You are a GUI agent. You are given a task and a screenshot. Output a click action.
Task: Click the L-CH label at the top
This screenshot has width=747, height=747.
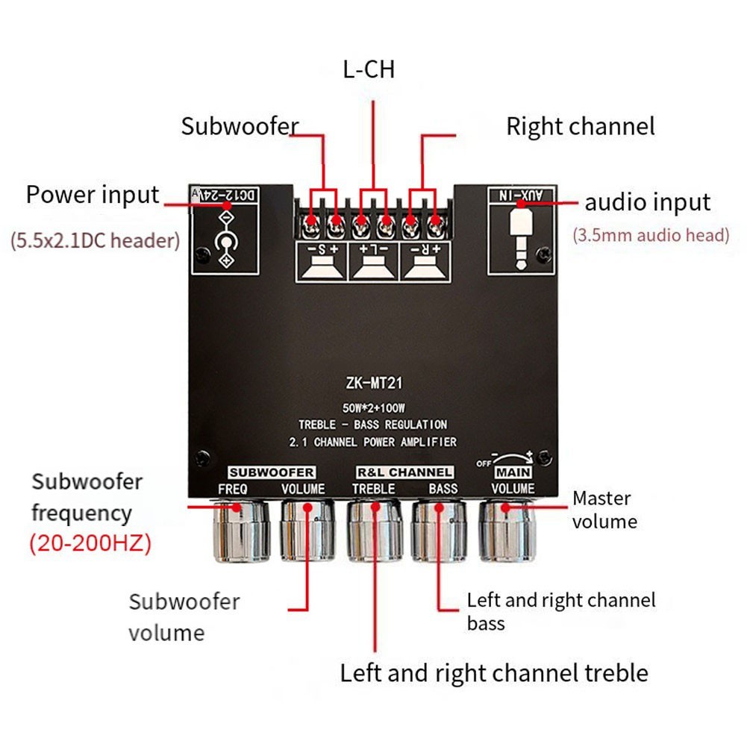click(369, 70)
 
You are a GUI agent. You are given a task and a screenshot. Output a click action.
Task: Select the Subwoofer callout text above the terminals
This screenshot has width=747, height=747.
click(240, 126)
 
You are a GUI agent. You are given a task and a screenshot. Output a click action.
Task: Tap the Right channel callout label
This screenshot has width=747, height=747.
click(580, 126)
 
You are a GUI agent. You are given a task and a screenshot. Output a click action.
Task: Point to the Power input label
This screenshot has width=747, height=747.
click(93, 195)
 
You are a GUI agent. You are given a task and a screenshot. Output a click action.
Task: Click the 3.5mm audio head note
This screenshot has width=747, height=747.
click(651, 236)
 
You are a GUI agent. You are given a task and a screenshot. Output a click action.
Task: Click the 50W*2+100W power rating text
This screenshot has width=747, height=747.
click(373, 409)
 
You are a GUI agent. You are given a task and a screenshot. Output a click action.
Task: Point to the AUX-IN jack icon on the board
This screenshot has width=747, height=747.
click(521, 236)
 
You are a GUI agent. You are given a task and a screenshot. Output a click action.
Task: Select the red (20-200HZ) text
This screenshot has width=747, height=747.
click(90, 543)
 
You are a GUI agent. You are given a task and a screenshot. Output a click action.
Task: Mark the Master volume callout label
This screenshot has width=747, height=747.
click(604, 509)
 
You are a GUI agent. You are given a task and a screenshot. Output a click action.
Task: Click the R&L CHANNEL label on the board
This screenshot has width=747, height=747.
click(404, 472)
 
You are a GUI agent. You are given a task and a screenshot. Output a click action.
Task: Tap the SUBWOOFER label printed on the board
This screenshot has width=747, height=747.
click(272, 472)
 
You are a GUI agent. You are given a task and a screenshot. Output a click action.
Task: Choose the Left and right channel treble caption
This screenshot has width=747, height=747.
click(494, 673)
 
